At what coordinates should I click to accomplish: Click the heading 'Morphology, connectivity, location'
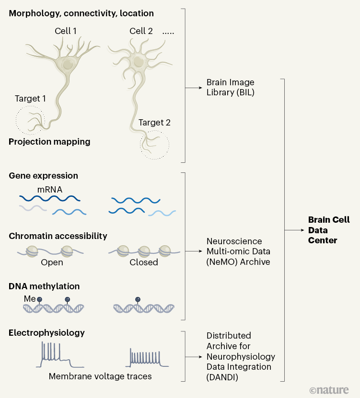[81, 13]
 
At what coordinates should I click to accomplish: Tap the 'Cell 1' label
[66, 31]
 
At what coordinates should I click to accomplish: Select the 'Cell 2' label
[141, 31]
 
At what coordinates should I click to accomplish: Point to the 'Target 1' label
[31, 99]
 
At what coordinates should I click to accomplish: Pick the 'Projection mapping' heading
[49, 142]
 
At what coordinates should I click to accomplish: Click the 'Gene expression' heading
[43, 176]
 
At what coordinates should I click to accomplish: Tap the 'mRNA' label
[50, 189]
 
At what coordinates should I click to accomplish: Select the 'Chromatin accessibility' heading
[58, 236]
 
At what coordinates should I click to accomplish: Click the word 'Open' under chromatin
[52, 262]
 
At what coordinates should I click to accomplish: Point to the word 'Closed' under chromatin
[143, 262]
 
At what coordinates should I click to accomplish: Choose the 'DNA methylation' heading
[44, 286]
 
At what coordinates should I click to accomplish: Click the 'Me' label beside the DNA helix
[30, 299]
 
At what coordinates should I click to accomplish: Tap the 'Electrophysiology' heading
[46, 332]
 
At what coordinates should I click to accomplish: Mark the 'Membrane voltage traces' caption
[100, 376]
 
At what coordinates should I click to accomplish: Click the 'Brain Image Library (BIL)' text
[230, 87]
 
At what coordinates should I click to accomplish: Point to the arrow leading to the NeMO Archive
[193, 251]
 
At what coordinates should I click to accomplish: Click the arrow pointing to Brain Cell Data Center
[295, 230]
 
